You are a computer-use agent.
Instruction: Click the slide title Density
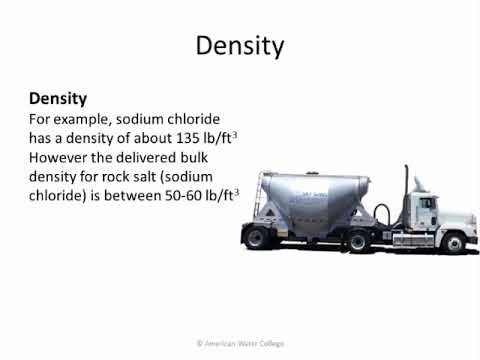239,46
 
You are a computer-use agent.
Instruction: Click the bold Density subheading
57,99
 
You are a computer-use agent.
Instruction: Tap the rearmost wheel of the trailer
257,237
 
